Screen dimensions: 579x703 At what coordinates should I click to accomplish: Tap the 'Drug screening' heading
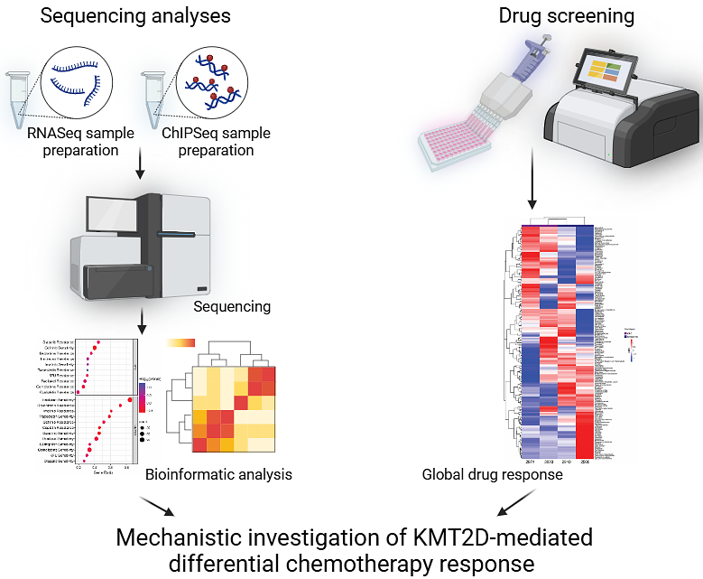566,15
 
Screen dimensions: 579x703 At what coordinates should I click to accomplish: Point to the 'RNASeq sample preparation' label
80,142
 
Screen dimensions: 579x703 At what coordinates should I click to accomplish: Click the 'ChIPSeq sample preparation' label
217,142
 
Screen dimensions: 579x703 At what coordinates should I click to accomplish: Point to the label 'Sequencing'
232,306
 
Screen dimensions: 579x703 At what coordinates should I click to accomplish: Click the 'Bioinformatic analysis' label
218,473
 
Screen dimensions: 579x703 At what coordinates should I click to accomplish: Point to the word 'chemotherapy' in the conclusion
370,564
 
